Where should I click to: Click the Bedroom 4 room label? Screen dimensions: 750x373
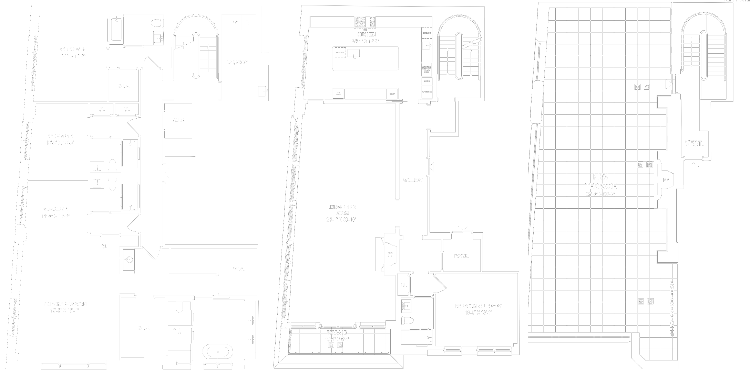[72, 49]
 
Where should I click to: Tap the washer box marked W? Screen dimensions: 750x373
[235, 23]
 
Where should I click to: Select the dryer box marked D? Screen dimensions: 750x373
[247, 23]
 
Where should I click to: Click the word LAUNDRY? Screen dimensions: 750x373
[237, 63]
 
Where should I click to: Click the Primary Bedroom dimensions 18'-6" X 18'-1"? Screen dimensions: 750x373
[65, 310]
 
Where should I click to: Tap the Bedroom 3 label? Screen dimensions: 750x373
[60, 136]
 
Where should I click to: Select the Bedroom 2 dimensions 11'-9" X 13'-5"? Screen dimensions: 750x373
[56, 216]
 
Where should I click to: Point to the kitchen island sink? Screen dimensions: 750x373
[353, 53]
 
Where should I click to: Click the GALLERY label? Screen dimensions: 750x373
[413, 180]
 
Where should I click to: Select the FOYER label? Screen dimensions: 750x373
[461, 256]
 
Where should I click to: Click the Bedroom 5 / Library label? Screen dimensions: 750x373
[478, 306]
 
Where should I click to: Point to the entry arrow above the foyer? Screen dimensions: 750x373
[463, 228]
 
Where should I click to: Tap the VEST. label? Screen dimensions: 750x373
[694, 143]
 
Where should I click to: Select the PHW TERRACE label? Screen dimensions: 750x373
[601, 182]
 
